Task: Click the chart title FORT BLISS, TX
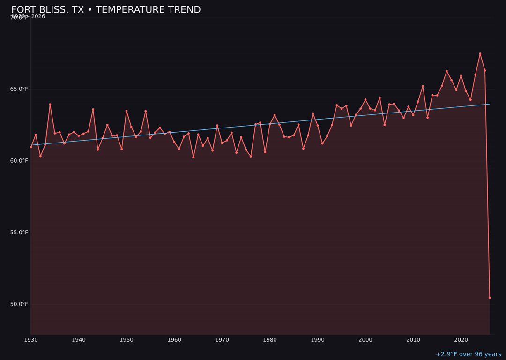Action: (x=106, y=10)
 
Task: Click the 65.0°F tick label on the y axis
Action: (x=19, y=89)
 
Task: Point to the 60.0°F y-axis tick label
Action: (x=19, y=161)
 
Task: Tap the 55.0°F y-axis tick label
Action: (x=19, y=232)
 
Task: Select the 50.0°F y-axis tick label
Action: (x=19, y=304)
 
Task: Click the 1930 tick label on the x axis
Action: (x=31, y=340)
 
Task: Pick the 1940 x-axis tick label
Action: (x=79, y=340)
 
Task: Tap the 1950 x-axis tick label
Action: (x=126, y=340)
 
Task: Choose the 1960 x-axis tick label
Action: (x=174, y=340)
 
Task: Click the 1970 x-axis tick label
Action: (x=222, y=340)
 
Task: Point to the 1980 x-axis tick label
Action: (x=270, y=340)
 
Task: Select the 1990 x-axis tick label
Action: (x=318, y=340)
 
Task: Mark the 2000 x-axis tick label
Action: (x=365, y=340)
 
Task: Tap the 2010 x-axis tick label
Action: (x=413, y=340)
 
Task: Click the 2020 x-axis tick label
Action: (x=461, y=340)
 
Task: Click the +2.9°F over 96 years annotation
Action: (x=468, y=354)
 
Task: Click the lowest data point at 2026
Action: (x=490, y=298)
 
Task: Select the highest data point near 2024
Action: (x=480, y=54)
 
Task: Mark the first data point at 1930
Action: (x=31, y=147)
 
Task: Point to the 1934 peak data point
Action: (x=50, y=105)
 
